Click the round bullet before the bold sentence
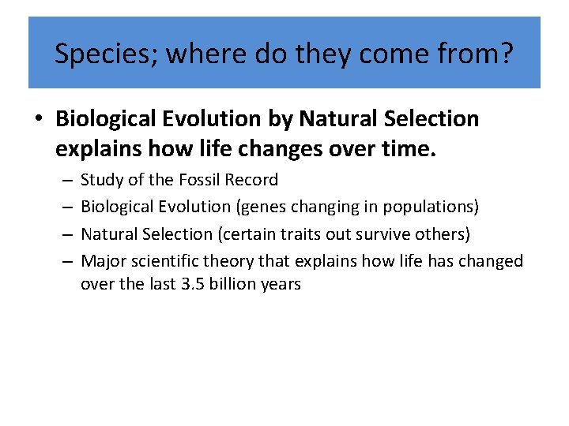click(x=38, y=119)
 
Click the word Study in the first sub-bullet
click(x=102, y=180)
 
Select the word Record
click(x=251, y=180)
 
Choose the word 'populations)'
click(x=431, y=207)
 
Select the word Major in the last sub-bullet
click(x=102, y=261)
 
